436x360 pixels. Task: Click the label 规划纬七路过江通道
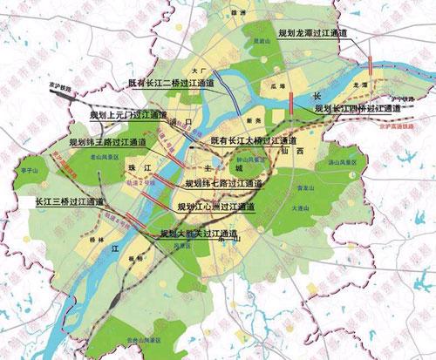pos(220,184)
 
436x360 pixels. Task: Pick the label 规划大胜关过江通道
pos(199,234)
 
